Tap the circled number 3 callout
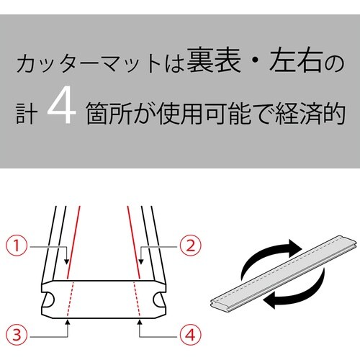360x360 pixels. point(18,334)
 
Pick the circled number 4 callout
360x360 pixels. point(188,334)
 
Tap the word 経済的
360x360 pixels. point(308,113)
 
